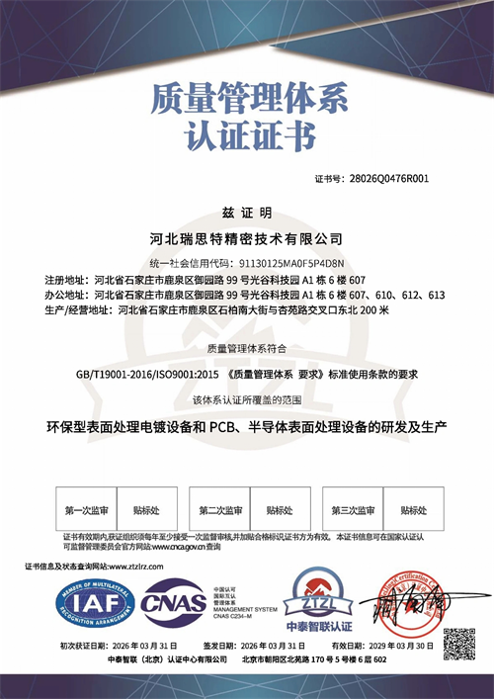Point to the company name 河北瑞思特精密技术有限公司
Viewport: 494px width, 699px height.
[247, 239]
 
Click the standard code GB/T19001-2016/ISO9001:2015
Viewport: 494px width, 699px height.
[136, 375]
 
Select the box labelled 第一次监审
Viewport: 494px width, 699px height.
[86, 511]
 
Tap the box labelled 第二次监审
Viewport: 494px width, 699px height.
[220, 511]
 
